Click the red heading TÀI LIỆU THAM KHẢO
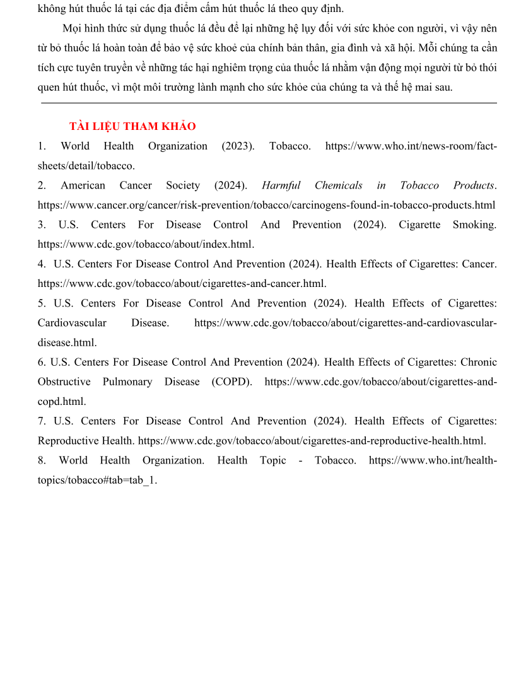point(132,126)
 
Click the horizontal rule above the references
point(269,103)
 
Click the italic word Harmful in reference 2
point(281,185)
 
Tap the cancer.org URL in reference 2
point(266,205)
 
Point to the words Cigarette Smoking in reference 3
point(447,225)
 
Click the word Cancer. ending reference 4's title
point(479,264)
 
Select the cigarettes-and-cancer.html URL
point(182,284)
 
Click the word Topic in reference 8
point(272,460)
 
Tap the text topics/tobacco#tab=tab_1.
point(97,480)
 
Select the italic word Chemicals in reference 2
point(339,185)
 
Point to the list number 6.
point(41,362)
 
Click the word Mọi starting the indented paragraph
point(73,28)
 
